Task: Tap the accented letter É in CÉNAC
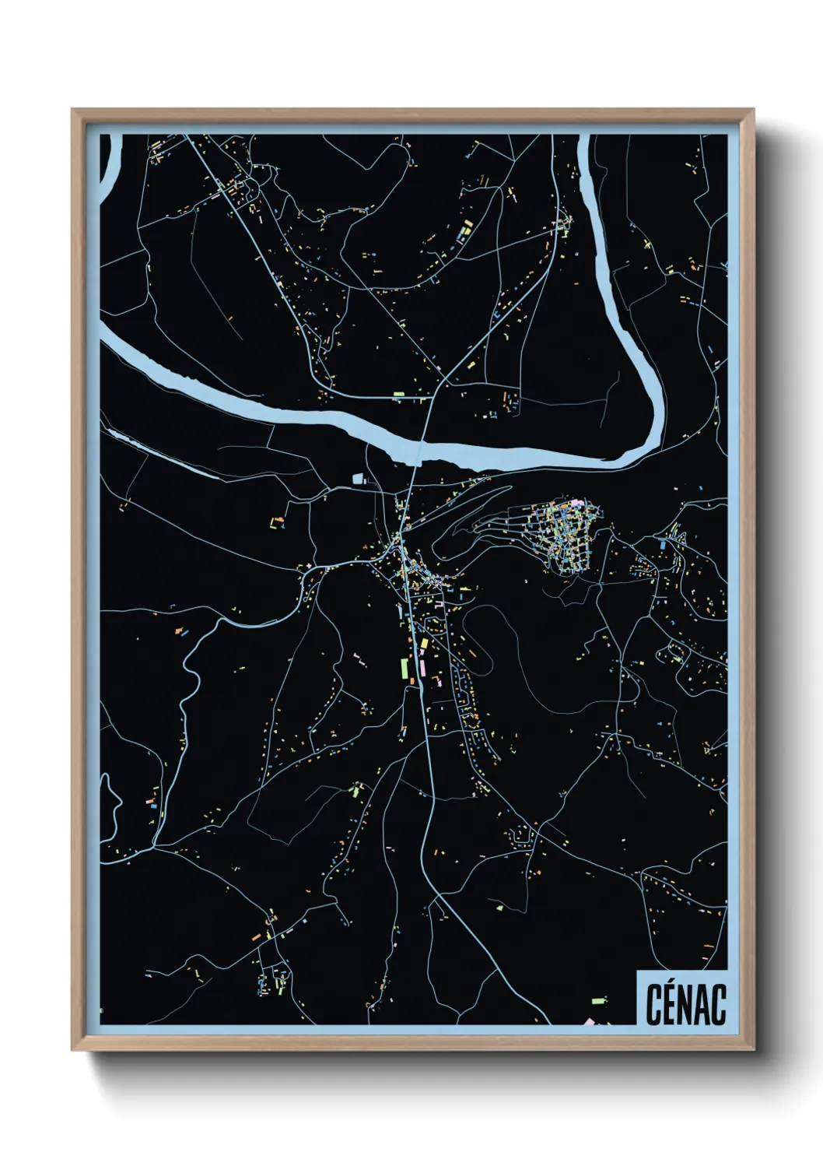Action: (671, 1003)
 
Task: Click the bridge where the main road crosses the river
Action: (420, 452)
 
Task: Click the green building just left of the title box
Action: (598, 1000)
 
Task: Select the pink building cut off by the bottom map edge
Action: (589, 1021)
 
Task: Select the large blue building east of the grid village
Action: (663, 545)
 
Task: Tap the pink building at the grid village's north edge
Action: (576, 504)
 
